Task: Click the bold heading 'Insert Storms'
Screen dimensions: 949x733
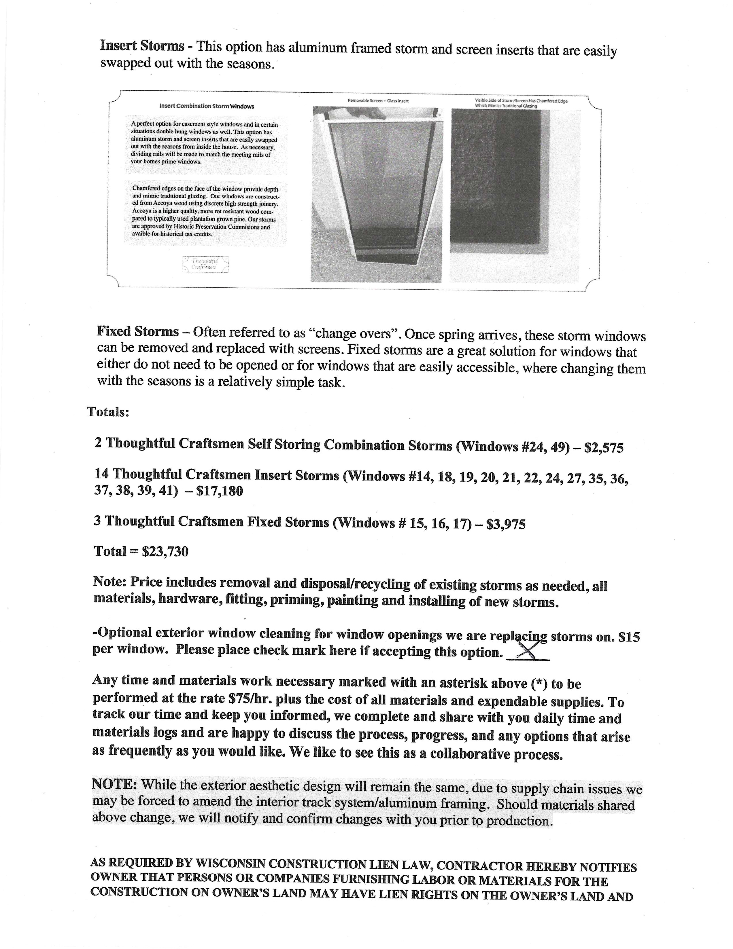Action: (x=142, y=45)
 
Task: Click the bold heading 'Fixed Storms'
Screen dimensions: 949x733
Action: (x=137, y=331)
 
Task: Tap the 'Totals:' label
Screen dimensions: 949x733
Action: (x=108, y=411)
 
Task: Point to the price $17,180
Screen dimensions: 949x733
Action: (x=220, y=491)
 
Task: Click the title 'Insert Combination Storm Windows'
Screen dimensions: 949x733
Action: (x=207, y=106)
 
